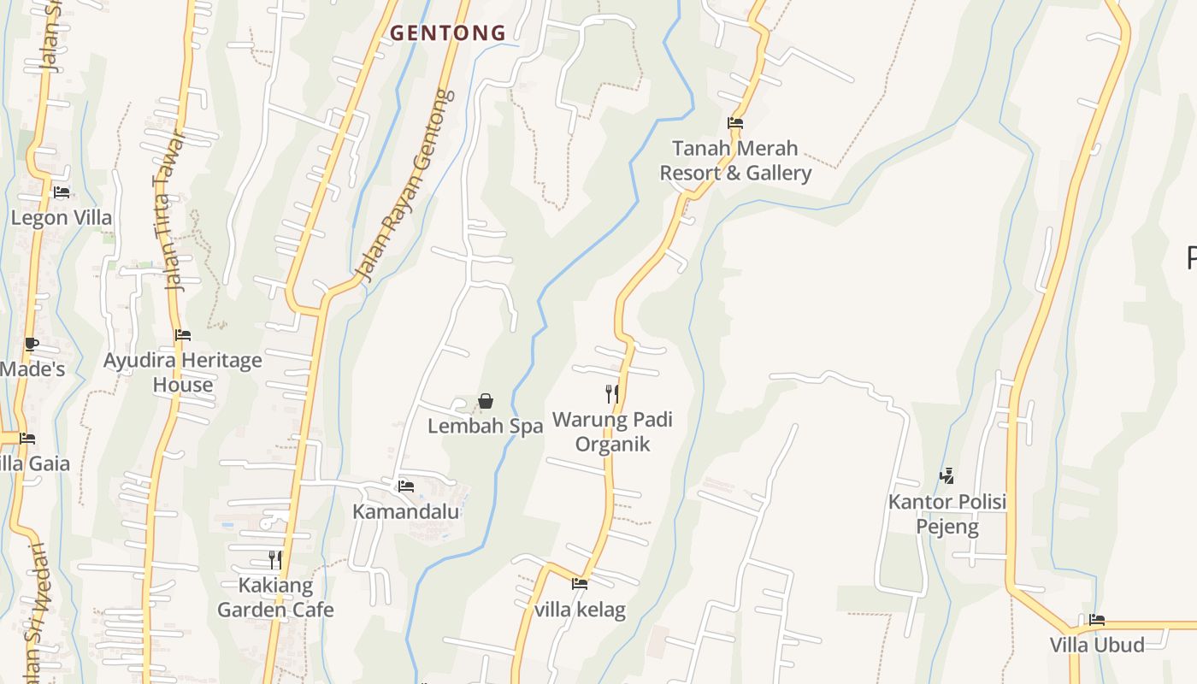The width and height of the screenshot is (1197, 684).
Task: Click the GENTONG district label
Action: pyautogui.click(x=448, y=33)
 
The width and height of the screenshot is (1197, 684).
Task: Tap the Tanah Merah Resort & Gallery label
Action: pyautogui.click(x=735, y=161)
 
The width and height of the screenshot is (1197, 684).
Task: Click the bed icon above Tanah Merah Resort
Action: pyautogui.click(x=734, y=123)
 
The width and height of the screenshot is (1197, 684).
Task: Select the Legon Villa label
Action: pyautogui.click(x=62, y=218)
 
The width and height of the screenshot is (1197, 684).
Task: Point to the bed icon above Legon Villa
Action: pyautogui.click(x=62, y=192)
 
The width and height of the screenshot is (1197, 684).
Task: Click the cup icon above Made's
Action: pyautogui.click(x=32, y=345)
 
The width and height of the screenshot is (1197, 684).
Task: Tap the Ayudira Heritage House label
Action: pyautogui.click(x=183, y=373)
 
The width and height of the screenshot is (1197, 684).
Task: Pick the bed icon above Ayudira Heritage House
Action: pyautogui.click(x=183, y=335)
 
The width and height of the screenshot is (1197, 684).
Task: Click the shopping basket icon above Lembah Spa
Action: pyautogui.click(x=486, y=400)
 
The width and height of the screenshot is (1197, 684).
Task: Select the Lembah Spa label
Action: pyautogui.click(x=486, y=426)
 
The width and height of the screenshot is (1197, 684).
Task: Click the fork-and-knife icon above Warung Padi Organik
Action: pyautogui.click(x=612, y=394)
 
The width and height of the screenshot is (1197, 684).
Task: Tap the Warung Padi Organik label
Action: pyautogui.click(x=612, y=432)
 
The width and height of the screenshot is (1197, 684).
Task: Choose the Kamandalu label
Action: pyautogui.click(x=406, y=512)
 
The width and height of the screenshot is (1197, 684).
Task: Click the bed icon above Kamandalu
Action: pyautogui.click(x=406, y=486)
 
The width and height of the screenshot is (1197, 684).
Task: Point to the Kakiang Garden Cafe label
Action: pyautogui.click(x=275, y=598)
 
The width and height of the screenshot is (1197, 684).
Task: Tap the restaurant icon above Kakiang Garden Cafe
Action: pyautogui.click(x=275, y=560)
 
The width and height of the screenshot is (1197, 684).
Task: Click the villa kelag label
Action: pyautogui.click(x=580, y=610)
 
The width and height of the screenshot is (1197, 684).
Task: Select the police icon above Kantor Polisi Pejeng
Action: pyautogui.click(x=946, y=476)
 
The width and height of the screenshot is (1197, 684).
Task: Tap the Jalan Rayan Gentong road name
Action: pyautogui.click(x=405, y=186)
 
